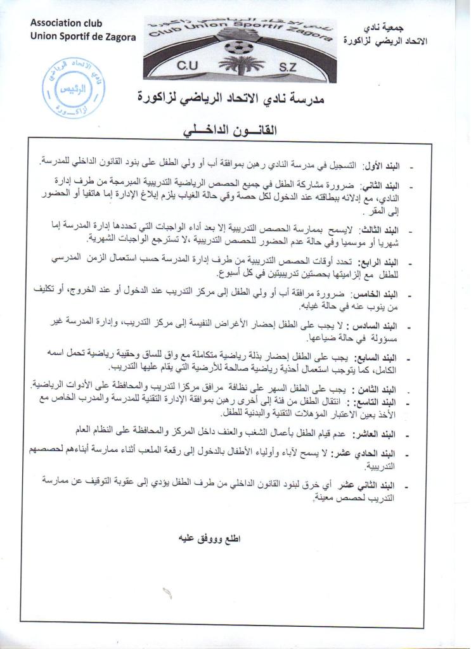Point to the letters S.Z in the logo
pyautogui.click(x=290, y=67)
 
